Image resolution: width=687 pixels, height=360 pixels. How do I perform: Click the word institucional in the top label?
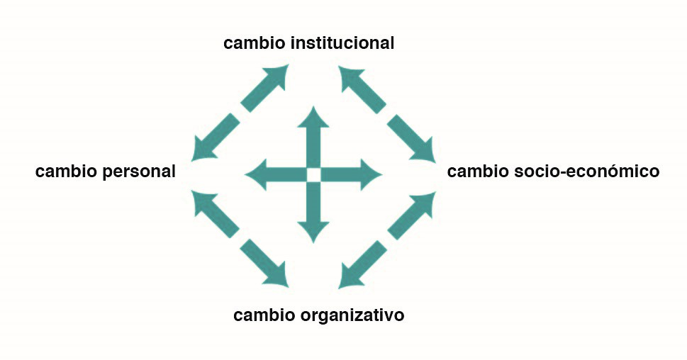342,43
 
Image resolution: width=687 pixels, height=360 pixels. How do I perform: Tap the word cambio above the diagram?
255,43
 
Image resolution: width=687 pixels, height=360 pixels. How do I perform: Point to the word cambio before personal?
66,171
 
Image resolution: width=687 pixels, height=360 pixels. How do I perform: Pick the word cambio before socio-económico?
479,171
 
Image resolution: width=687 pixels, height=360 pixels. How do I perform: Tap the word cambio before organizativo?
264,315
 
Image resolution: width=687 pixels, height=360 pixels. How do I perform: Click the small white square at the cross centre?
313,174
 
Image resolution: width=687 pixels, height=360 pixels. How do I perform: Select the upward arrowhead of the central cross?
313,117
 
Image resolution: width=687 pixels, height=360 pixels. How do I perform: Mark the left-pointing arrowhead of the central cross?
255,174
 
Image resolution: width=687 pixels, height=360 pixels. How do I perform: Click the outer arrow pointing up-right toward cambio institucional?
269,84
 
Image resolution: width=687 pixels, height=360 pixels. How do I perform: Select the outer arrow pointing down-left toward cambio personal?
212,139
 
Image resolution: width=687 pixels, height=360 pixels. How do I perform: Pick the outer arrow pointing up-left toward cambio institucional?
359,84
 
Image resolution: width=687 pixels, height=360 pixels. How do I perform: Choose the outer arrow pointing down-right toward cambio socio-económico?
414,139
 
